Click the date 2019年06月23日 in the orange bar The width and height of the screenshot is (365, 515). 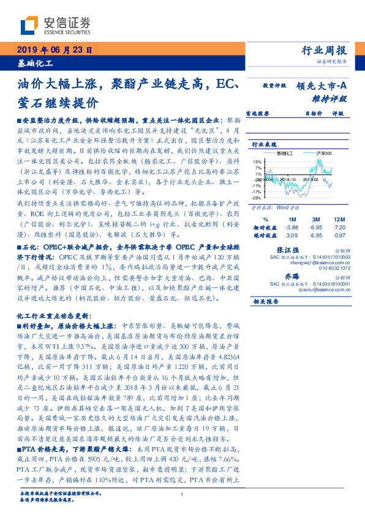(x=53, y=51)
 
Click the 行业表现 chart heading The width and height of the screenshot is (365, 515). (x=265, y=144)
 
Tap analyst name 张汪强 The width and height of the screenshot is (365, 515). (x=288, y=251)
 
